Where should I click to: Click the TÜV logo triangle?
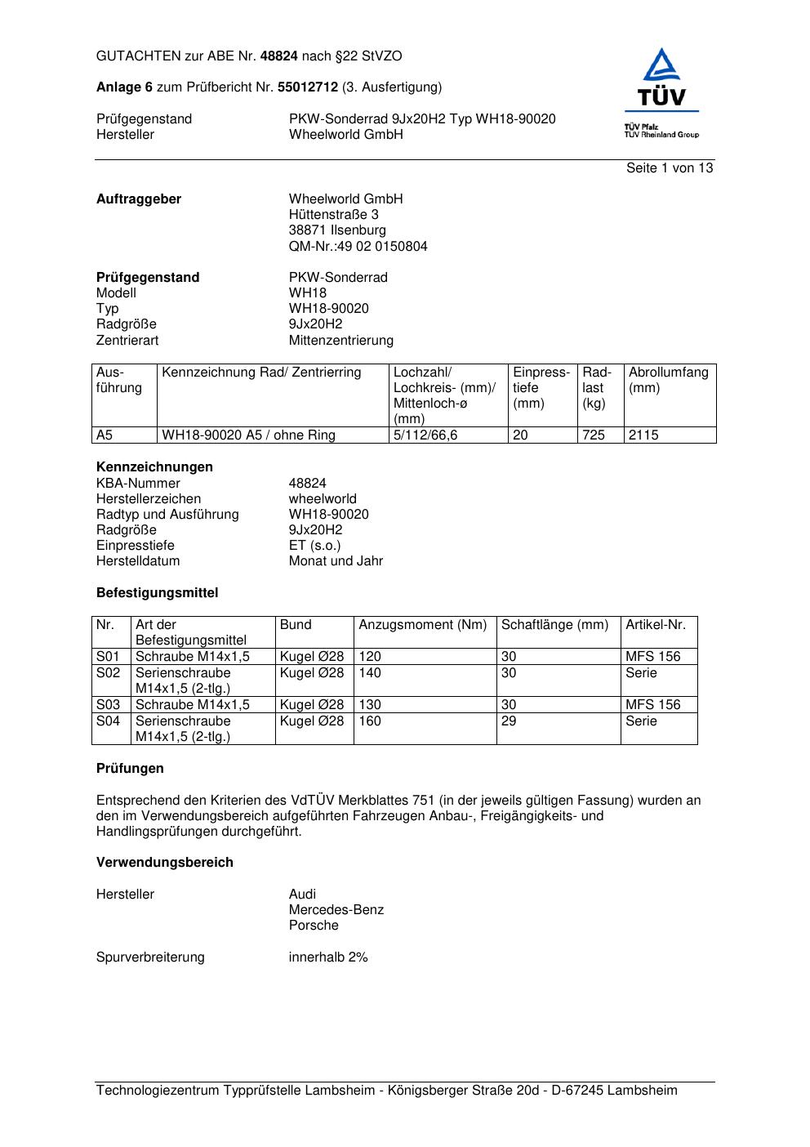pos(661,67)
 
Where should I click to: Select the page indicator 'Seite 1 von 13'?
pos(670,167)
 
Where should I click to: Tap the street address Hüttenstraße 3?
pos(333,215)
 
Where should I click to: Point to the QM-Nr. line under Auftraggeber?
pos(358,246)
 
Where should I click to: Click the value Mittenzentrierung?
pos(340,340)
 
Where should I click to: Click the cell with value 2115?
pos(643,435)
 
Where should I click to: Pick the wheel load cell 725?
pos(594,435)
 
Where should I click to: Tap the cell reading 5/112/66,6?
pos(425,435)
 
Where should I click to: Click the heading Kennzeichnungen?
pos(154,467)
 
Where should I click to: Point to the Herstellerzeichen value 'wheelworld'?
pos(323,499)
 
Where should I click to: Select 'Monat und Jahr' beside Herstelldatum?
pos(336,561)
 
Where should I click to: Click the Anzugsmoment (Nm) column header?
pos(422,625)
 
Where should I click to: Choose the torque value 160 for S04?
pos(370,721)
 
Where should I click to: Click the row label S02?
pos(108,673)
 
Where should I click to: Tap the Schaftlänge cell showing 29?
pos(509,721)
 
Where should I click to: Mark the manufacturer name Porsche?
pos(314,926)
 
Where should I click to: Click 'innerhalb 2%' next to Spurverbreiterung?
pos(328,957)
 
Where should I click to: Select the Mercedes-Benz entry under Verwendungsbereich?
pos(336,910)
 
